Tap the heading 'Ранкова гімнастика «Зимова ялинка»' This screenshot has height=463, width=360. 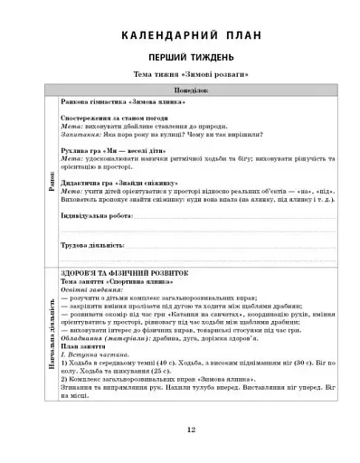pyautogui.click(x=107, y=103)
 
